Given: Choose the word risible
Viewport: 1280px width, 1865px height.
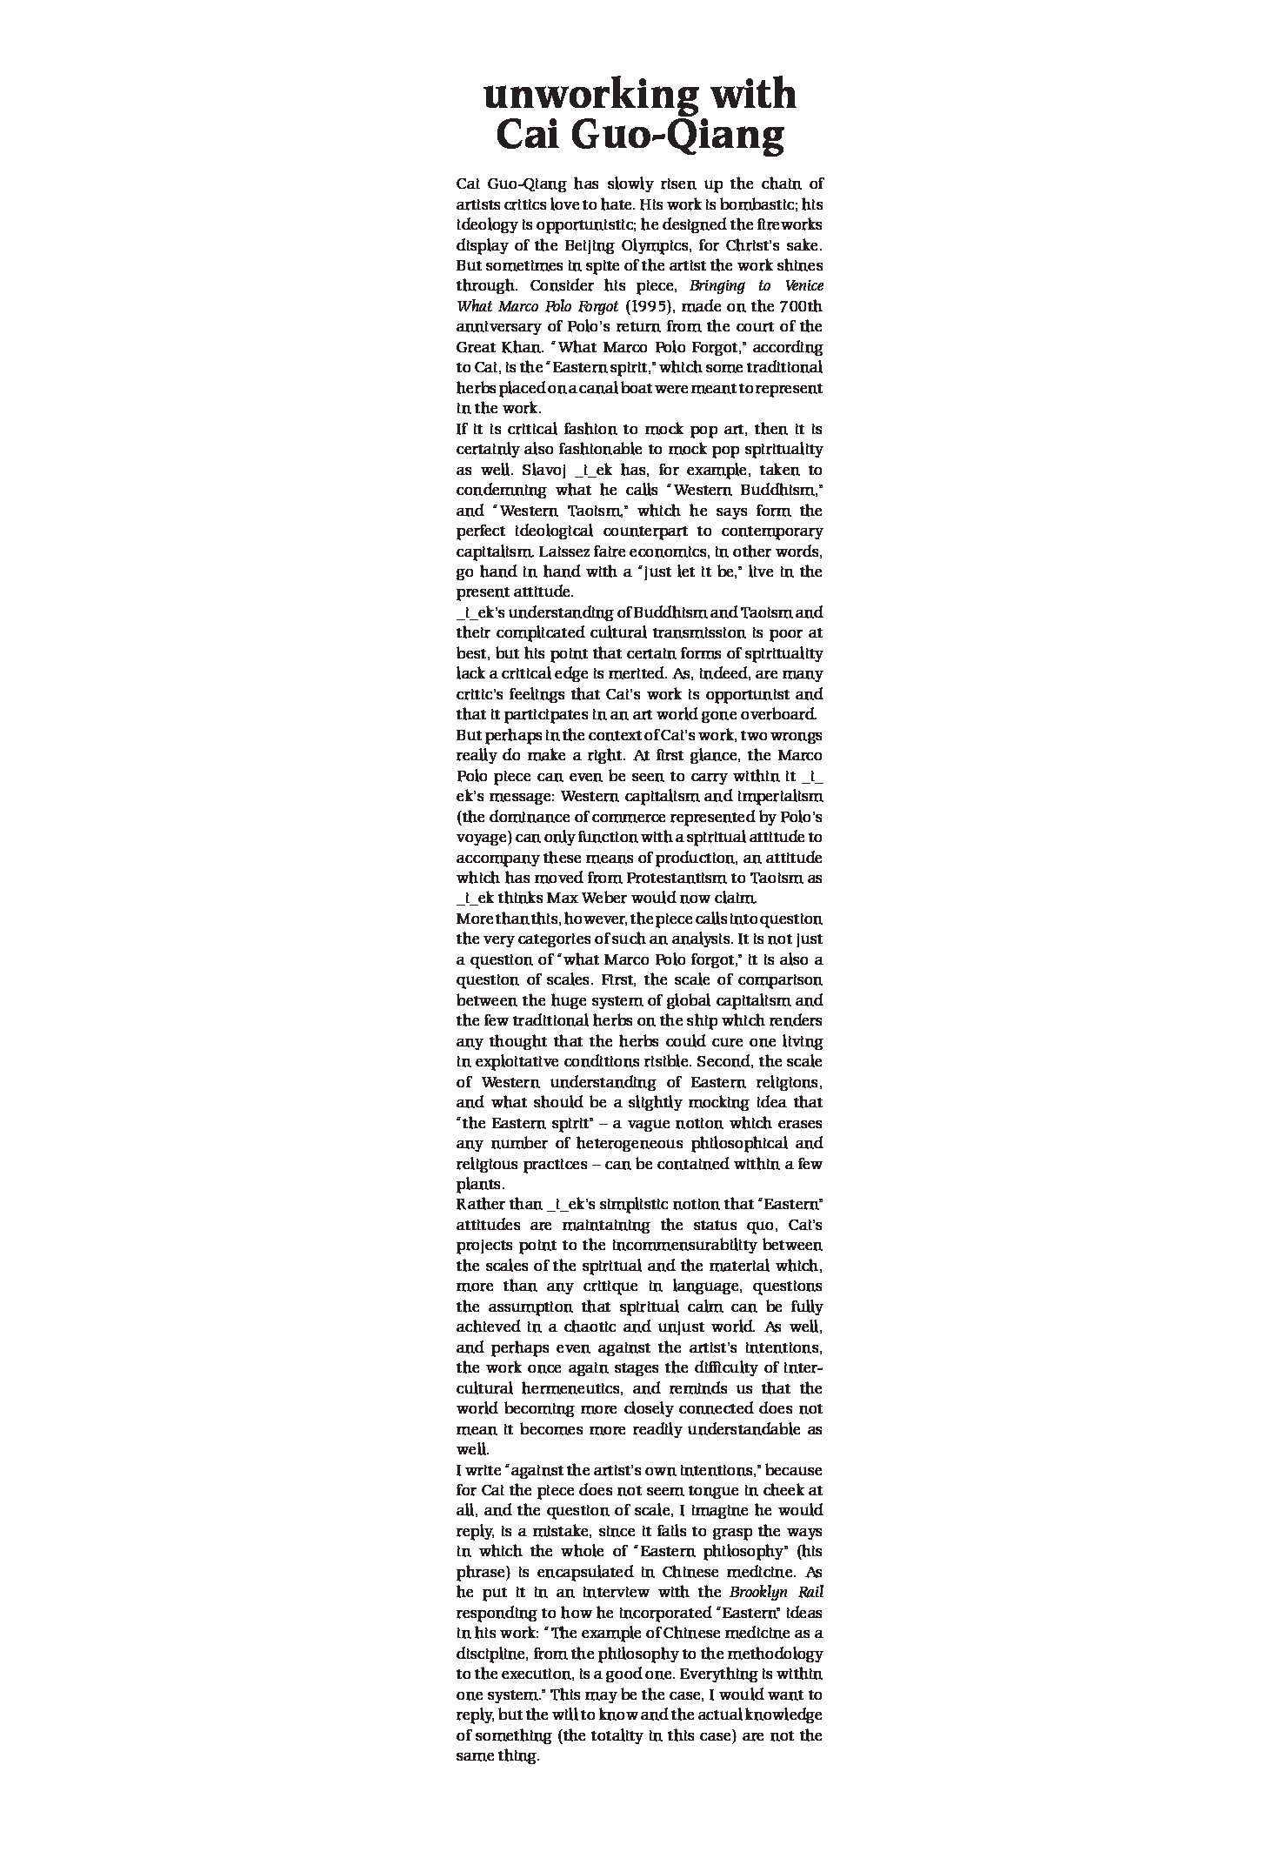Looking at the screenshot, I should (660, 1061).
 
